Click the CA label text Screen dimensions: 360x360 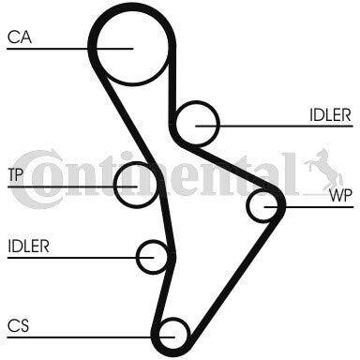tap(20, 37)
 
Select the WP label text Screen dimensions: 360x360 tap(341, 196)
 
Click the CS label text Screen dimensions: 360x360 tap(18, 325)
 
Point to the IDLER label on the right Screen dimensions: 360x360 tap(330, 115)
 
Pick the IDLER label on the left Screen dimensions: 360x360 tap(28, 247)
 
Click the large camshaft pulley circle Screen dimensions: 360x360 tap(132, 85)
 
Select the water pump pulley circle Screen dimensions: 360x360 tap(247, 206)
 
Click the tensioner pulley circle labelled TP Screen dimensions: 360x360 tap(114, 185)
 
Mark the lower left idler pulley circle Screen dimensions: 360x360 tap(137, 257)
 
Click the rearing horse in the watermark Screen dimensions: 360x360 tap(323, 169)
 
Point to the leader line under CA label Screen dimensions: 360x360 tap(70, 49)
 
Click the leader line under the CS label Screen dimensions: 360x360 tap(91, 337)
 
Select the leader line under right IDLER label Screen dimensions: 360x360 tap(274, 126)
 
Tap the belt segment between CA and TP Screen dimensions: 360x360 tap(125, 115)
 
